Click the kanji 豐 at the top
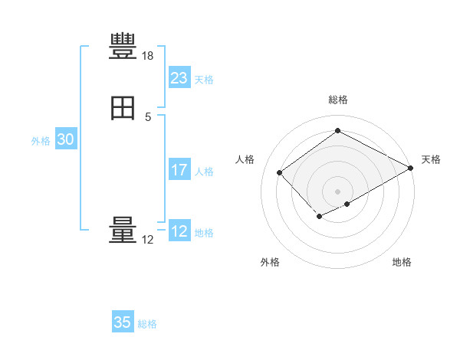pos(123,47)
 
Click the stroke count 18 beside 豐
pos(148,56)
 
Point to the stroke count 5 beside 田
pos(148,116)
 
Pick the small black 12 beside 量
pos(148,240)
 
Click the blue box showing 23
pos(179,78)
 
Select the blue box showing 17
pos(179,170)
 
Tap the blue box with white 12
pos(179,231)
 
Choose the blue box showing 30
pos(65,139)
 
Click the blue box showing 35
pos(123,322)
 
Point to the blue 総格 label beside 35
pos(147,324)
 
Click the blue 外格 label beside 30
pos(41,141)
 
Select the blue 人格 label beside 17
pos(205,172)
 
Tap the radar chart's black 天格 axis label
pos(431,159)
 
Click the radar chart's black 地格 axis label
pos(402,262)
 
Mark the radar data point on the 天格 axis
pos(412,169)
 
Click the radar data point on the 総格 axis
pos(337,130)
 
